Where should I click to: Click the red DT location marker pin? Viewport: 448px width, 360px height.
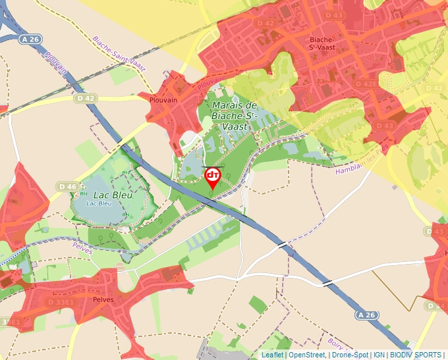(213, 177)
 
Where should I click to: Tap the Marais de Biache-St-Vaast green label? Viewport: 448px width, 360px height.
(233, 115)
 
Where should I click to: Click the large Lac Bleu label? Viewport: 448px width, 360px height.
(113, 195)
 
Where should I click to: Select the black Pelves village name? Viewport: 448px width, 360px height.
(103, 299)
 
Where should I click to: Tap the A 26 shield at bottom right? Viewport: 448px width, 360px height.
(368, 316)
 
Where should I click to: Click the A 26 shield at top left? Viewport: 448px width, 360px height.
(30, 39)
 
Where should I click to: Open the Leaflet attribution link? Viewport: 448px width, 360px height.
(272, 355)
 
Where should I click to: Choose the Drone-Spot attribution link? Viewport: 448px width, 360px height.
(350, 355)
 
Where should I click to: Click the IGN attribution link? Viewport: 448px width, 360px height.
(379, 355)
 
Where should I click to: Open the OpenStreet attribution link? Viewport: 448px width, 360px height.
(306, 355)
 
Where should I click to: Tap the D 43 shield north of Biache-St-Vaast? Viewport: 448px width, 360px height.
(334, 15)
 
